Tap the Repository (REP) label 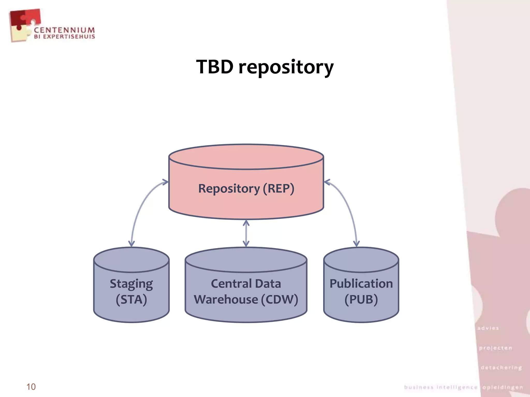point(246,188)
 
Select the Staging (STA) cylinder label point(131,292)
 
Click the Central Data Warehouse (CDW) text point(246,292)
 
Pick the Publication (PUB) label point(361,292)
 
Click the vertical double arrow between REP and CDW point(246,233)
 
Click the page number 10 point(31,387)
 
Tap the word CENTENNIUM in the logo point(64,30)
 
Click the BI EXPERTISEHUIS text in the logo point(64,37)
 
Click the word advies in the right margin point(488,328)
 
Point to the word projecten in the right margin point(496,348)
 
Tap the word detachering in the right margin point(501,368)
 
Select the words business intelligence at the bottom point(441,387)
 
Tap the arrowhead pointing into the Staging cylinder point(131,243)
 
